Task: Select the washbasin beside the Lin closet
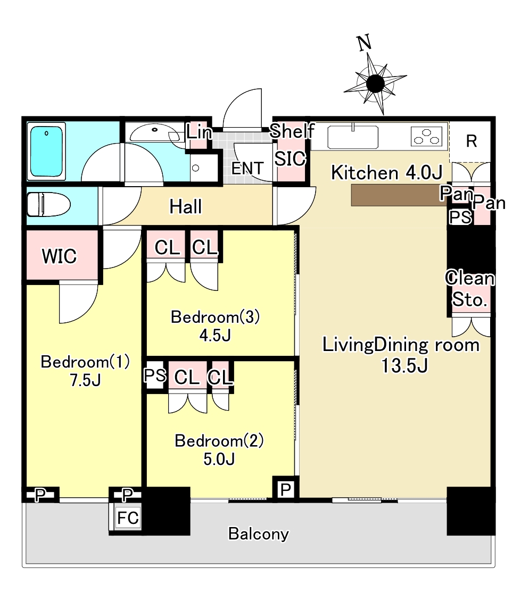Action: click(154, 132)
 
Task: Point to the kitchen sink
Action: click(352, 138)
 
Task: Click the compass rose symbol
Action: click(375, 83)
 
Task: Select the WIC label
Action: click(60, 256)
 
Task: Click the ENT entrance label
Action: click(247, 169)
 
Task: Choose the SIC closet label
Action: click(290, 158)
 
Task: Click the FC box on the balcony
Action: click(128, 519)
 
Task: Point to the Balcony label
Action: click(259, 533)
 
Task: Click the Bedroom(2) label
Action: click(220, 441)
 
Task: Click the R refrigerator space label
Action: click(471, 141)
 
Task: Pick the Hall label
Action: click(186, 206)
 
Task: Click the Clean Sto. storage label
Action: click(470, 289)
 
